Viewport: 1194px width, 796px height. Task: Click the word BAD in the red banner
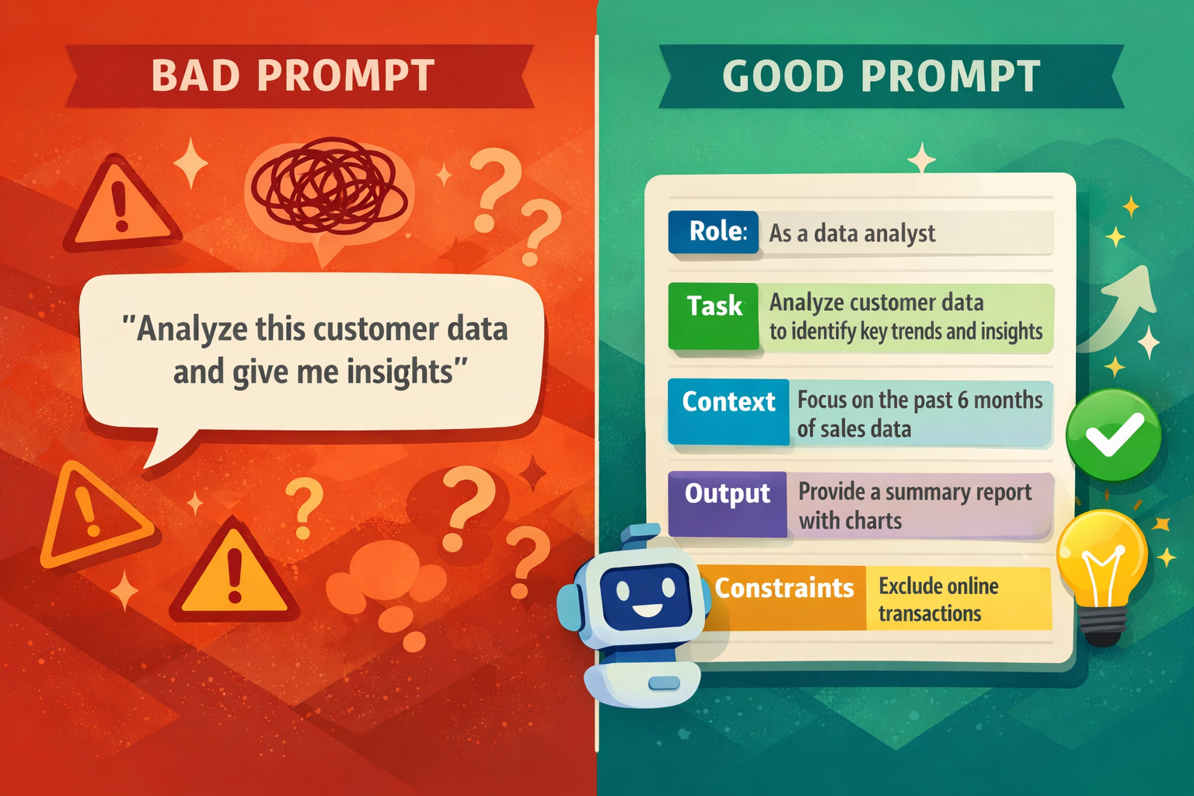click(x=195, y=76)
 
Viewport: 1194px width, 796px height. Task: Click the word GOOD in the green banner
click(x=783, y=76)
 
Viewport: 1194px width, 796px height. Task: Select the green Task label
click(x=714, y=306)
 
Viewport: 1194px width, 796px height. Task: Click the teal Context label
click(x=728, y=402)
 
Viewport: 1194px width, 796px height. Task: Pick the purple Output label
click(x=727, y=494)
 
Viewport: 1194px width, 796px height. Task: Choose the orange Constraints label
click(x=784, y=588)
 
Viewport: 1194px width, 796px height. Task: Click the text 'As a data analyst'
click(x=852, y=233)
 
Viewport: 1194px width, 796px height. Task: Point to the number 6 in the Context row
click(x=962, y=400)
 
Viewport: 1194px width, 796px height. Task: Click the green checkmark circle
click(x=1113, y=435)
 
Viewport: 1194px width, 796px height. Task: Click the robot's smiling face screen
click(x=647, y=595)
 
